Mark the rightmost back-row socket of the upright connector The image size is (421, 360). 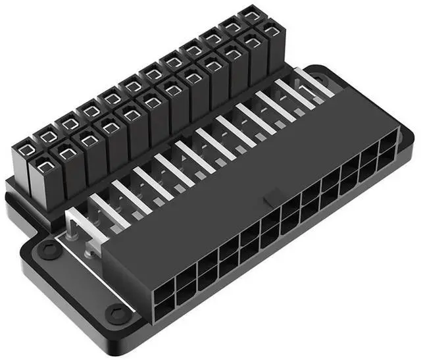tap(251, 14)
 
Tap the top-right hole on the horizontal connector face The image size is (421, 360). tap(389, 141)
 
